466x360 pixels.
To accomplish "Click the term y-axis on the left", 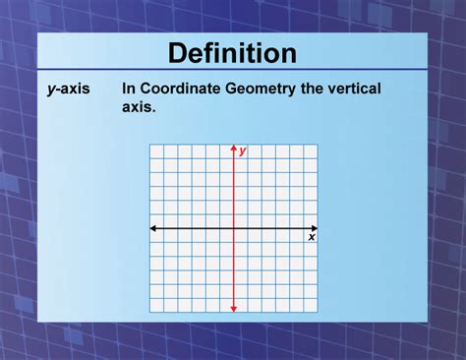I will tap(69, 89).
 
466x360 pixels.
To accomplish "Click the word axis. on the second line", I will tap(139, 105).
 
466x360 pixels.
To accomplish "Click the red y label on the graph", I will tap(243, 150).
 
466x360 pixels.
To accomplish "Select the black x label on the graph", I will tap(312, 237).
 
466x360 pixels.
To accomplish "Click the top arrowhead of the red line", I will tap(234, 148).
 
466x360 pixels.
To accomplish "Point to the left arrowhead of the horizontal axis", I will tap(152, 228).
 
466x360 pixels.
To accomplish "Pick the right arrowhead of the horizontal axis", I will tap(315, 228).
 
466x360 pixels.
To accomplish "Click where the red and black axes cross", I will tap(234, 228).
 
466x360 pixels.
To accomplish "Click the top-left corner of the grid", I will tap(150, 144).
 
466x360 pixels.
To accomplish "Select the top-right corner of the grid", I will tap(318, 144).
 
